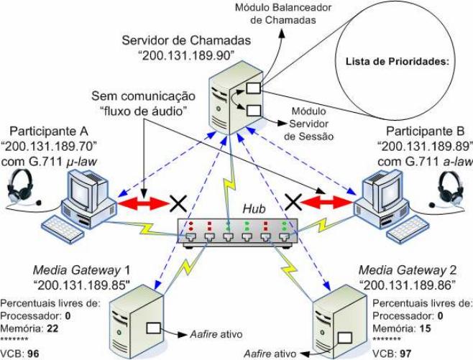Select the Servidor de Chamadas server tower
[234, 101]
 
